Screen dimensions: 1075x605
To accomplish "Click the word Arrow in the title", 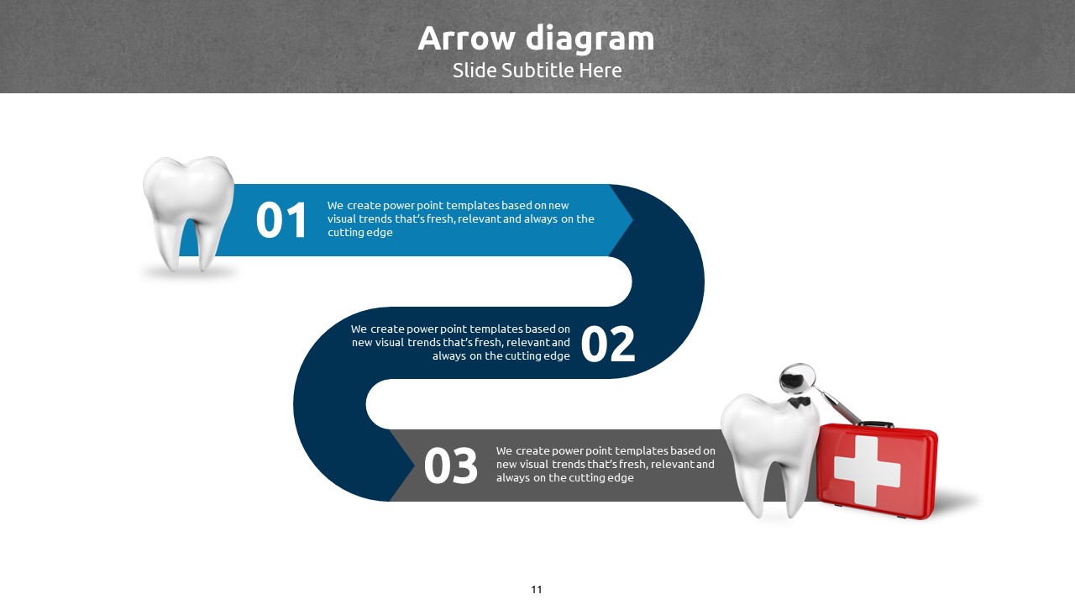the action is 466,39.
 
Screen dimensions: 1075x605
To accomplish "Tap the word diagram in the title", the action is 590,40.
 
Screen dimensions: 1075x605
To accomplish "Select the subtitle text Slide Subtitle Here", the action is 537,71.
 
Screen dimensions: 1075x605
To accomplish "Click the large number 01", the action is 281,220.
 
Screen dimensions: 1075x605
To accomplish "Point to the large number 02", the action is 607,344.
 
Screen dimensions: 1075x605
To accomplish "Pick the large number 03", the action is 451,466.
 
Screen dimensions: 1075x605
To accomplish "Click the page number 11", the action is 537,590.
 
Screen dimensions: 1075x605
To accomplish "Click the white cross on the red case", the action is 868,471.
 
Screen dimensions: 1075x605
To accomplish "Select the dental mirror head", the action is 797,378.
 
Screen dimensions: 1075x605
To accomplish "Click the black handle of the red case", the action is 875,424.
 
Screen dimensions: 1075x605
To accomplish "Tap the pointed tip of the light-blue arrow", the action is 632,220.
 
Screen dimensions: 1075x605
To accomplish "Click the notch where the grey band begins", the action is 414,465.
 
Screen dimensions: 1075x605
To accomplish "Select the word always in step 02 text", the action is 449,355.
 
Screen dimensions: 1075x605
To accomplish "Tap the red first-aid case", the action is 878,471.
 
